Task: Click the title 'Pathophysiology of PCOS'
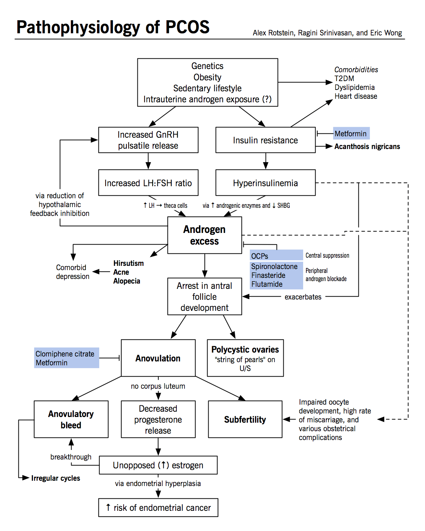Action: click(113, 27)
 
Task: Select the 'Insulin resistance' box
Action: click(265, 140)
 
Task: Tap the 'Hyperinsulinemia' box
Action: click(265, 183)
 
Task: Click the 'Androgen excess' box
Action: click(204, 235)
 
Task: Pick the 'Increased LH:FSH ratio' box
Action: click(148, 183)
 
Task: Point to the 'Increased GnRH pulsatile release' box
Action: click(148, 140)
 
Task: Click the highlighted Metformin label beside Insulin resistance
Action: click(351, 134)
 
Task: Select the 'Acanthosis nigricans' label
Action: click(367, 147)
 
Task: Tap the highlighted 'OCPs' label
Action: click(260, 256)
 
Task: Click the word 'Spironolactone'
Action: click(274, 267)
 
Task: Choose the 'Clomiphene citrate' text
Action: click(65, 354)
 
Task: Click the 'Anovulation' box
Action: click(158, 358)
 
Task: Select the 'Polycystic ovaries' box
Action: click(245, 358)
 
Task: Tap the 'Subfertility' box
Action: click(245, 419)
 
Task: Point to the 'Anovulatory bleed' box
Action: click(71, 419)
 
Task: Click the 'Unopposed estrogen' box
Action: click(158, 465)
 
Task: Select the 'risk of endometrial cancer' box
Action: click(158, 508)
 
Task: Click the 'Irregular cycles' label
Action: click(56, 478)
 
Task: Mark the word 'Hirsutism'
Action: click(129, 263)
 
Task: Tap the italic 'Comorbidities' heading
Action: click(356, 70)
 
